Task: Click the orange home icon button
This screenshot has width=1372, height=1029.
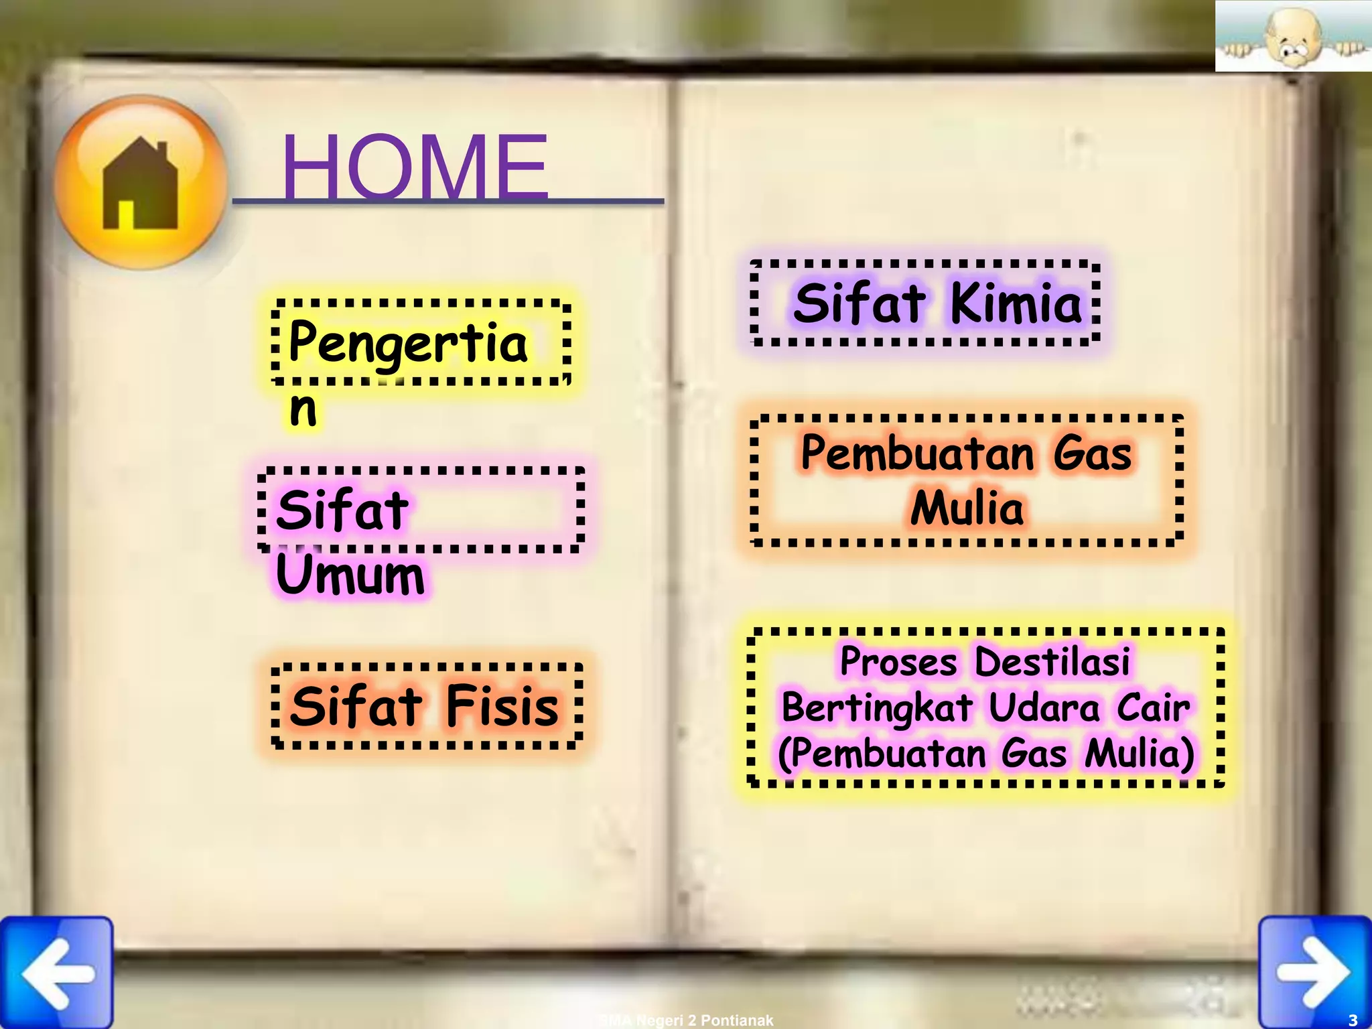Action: [141, 182]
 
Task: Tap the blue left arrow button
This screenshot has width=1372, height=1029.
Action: [57, 972]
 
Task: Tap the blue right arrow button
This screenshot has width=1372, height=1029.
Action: [1314, 972]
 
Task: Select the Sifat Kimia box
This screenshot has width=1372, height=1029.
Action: [925, 303]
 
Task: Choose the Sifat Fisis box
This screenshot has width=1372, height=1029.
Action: [427, 706]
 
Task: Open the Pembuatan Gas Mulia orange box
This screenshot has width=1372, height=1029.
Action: [966, 480]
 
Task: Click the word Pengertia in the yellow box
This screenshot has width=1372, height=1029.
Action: [409, 343]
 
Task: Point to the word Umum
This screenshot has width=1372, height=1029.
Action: [350, 575]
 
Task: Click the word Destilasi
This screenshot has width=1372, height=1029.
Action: [1052, 662]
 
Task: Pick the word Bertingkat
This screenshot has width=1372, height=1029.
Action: [877, 707]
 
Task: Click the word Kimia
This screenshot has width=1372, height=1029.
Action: [1016, 303]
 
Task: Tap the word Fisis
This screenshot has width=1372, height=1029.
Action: [502, 706]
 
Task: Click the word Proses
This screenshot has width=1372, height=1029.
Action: [898, 662]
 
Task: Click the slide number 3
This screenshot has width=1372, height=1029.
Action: [1353, 1020]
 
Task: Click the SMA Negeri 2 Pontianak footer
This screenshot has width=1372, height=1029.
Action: [686, 1020]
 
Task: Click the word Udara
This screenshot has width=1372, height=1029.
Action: [1044, 707]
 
